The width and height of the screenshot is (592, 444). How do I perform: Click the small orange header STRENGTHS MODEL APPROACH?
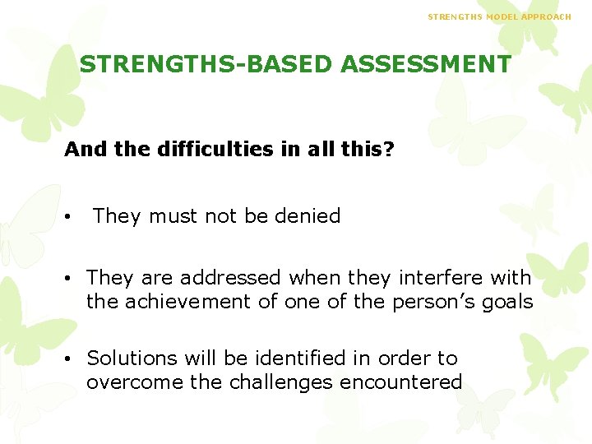(x=499, y=16)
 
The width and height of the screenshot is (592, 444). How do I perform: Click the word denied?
(x=307, y=216)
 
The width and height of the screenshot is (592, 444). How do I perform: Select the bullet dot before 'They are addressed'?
(x=74, y=279)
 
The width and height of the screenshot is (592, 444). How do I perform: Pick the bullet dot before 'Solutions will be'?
(x=74, y=359)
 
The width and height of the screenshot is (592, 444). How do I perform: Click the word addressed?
(x=230, y=278)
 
